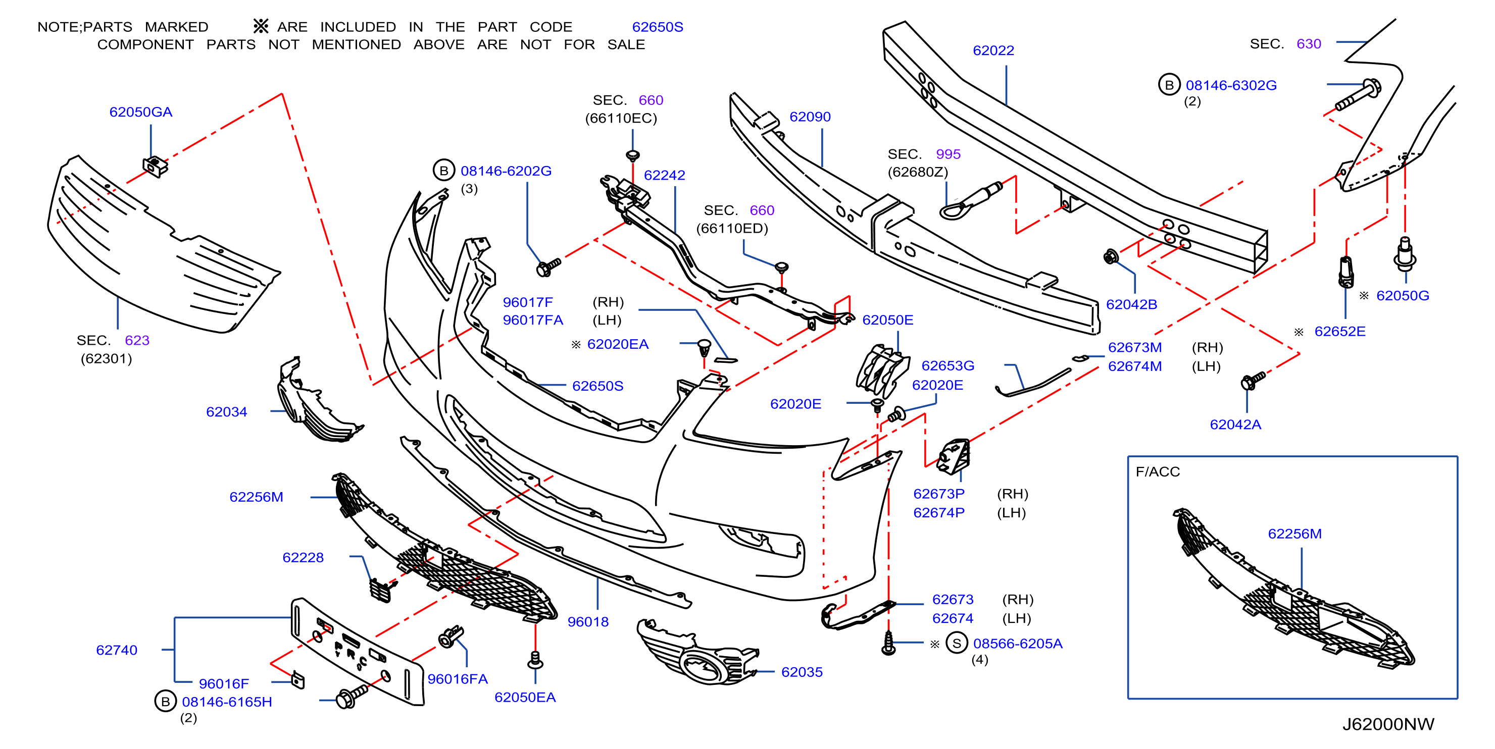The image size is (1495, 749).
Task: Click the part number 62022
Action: point(993,50)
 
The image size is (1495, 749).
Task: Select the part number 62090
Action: point(810,117)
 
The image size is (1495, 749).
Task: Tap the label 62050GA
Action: point(141,112)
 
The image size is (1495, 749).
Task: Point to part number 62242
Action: point(665,175)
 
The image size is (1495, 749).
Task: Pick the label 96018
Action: point(588,622)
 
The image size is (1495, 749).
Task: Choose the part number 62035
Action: point(802,672)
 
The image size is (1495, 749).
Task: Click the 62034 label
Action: point(226,412)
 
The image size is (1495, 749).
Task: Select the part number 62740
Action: point(117,651)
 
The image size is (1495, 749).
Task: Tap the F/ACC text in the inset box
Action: point(1158,472)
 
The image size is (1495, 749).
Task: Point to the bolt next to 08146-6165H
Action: point(351,695)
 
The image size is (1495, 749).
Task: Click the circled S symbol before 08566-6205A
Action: point(957,643)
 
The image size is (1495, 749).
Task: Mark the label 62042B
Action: point(1131,304)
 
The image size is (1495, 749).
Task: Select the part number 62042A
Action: point(1235,424)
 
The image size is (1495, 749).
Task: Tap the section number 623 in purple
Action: point(137,341)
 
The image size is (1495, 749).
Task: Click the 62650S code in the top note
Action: point(658,27)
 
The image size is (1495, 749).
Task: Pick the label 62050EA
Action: point(525,698)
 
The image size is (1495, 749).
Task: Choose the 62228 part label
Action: point(303,558)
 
